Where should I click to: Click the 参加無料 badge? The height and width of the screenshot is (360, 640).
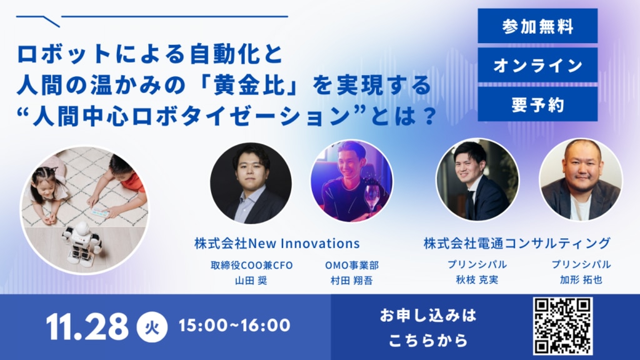[537, 26]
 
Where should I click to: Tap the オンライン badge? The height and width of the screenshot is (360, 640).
[537, 65]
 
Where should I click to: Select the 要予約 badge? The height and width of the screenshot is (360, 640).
[537, 104]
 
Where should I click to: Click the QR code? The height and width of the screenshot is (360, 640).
[562, 326]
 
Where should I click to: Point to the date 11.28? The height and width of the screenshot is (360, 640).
[87, 326]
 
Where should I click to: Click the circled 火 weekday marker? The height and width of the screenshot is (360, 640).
[152, 327]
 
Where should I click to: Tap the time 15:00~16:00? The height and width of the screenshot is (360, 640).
[234, 326]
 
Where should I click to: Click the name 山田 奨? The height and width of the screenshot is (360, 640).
[251, 281]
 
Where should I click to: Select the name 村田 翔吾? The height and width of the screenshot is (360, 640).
[351, 281]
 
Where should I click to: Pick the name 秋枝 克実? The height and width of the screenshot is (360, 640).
[477, 279]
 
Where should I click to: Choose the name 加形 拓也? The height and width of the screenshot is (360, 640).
[581, 279]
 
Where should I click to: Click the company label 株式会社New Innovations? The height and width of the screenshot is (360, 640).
[277, 244]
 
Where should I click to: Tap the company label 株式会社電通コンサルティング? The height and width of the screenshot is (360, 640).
[517, 243]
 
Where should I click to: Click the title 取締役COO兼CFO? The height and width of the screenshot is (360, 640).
[251, 265]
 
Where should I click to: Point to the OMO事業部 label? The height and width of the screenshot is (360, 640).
[351, 265]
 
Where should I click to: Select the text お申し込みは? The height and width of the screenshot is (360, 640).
[427, 315]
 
